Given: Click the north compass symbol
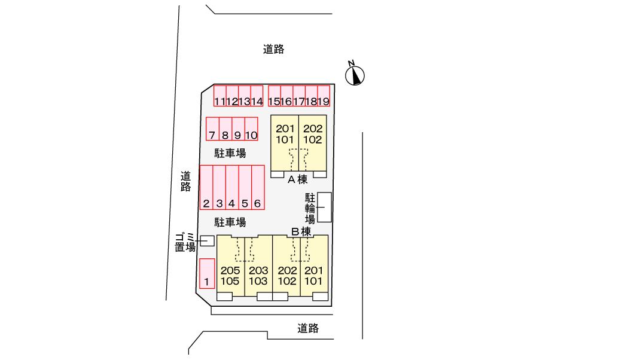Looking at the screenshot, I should (x=356, y=75).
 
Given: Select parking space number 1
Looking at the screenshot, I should (x=206, y=273).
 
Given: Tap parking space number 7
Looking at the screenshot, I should (x=212, y=129).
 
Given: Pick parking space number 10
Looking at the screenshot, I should (x=251, y=129).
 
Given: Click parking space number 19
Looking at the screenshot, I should (x=324, y=96).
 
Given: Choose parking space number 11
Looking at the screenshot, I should (x=219, y=96).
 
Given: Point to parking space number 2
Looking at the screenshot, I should (x=206, y=187).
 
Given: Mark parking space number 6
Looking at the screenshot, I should (x=258, y=187).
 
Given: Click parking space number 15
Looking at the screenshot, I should (x=275, y=96).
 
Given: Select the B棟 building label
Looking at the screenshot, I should (x=301, y=231).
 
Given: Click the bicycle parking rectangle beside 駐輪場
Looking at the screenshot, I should (x=324, y=208).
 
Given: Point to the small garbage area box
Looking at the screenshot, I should (x=207, y=240).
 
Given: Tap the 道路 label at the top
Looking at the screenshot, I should (x=273, y=50).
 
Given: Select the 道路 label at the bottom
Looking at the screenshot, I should (x=307, y=328).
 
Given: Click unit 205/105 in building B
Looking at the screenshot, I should (x=230, y=276).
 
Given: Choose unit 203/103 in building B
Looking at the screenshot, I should (x=258, y=276).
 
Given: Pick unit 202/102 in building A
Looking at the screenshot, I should (x=312, y=135).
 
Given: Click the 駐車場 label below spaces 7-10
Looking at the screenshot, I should (x=230, y=154).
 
